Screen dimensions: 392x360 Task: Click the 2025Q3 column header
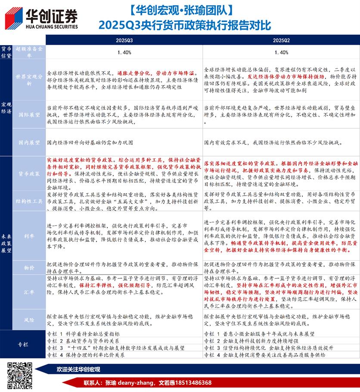[124, 40]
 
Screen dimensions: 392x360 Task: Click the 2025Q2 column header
[281, 40]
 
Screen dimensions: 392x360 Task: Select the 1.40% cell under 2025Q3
[124, 52]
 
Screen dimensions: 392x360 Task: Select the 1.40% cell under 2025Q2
[281, 52]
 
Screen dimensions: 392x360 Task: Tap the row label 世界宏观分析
[29, 80]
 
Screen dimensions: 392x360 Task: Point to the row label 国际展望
[29, 115]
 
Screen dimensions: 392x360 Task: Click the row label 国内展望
[29, 142]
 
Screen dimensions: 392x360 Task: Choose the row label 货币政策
[29, 174]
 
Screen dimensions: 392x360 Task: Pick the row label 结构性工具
[29, 201]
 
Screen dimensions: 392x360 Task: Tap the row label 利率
[29, 235]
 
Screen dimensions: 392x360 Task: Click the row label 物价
[29, 268]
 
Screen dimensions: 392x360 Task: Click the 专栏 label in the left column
[23, 345]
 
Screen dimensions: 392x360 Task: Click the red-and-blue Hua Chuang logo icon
[14, 19]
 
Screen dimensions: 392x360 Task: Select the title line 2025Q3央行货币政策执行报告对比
[184, 25]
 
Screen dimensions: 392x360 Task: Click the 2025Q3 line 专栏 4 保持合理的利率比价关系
[86, 355]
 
